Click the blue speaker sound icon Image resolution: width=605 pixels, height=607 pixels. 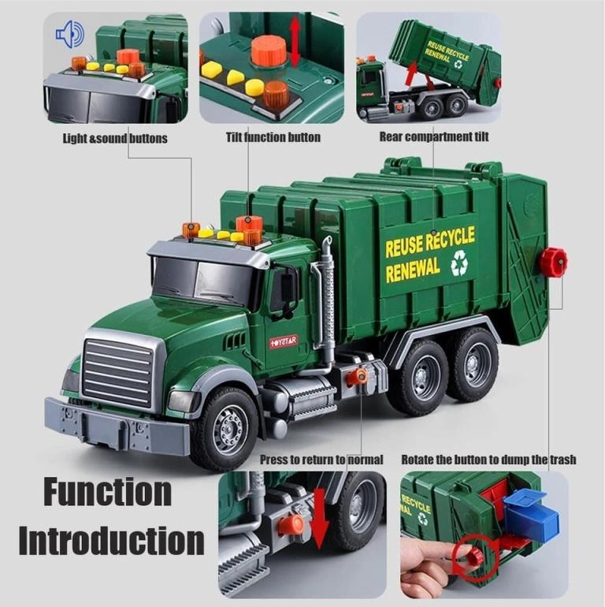tap(70, 34)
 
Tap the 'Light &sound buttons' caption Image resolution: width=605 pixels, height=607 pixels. tap(115, 139)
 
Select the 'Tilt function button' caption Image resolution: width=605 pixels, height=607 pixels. tap(273, 137)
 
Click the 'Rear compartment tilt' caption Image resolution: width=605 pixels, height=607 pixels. tap(433, 136)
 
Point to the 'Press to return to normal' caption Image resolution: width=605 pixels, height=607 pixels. tap(321, 460)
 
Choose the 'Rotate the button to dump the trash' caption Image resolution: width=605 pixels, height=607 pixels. tap(488, 460)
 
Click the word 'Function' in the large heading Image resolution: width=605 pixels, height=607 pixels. tap(108, 492)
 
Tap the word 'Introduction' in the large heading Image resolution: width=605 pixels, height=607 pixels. tap(111, 540)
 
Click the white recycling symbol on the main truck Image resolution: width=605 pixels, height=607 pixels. tap(459, 263)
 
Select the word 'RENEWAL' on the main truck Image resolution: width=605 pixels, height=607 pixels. tap(413, 269)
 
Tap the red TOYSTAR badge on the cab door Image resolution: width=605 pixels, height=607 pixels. tap(284, 341)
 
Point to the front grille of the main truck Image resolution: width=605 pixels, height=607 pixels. tap(117, 373)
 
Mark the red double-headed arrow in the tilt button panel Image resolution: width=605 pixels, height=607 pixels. tap(295, 43)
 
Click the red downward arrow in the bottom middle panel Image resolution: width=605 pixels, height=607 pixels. tap(321, 518)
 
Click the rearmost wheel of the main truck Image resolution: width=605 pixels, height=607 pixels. tap(475, 364)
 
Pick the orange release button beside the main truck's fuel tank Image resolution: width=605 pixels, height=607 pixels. tap(356, 377)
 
